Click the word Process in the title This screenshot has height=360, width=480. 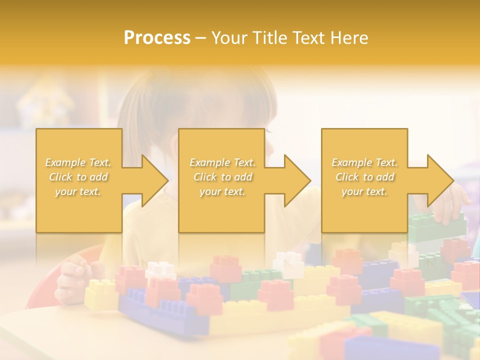click(157, 38)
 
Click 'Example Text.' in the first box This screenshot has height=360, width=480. click(78, 162)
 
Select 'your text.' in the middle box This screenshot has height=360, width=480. click(222, 191)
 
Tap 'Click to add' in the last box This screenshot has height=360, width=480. click(364, 177)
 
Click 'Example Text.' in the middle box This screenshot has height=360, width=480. click(222, 162)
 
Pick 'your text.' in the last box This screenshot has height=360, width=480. click(364, 191)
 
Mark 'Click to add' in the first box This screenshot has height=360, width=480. click(78, 177)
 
